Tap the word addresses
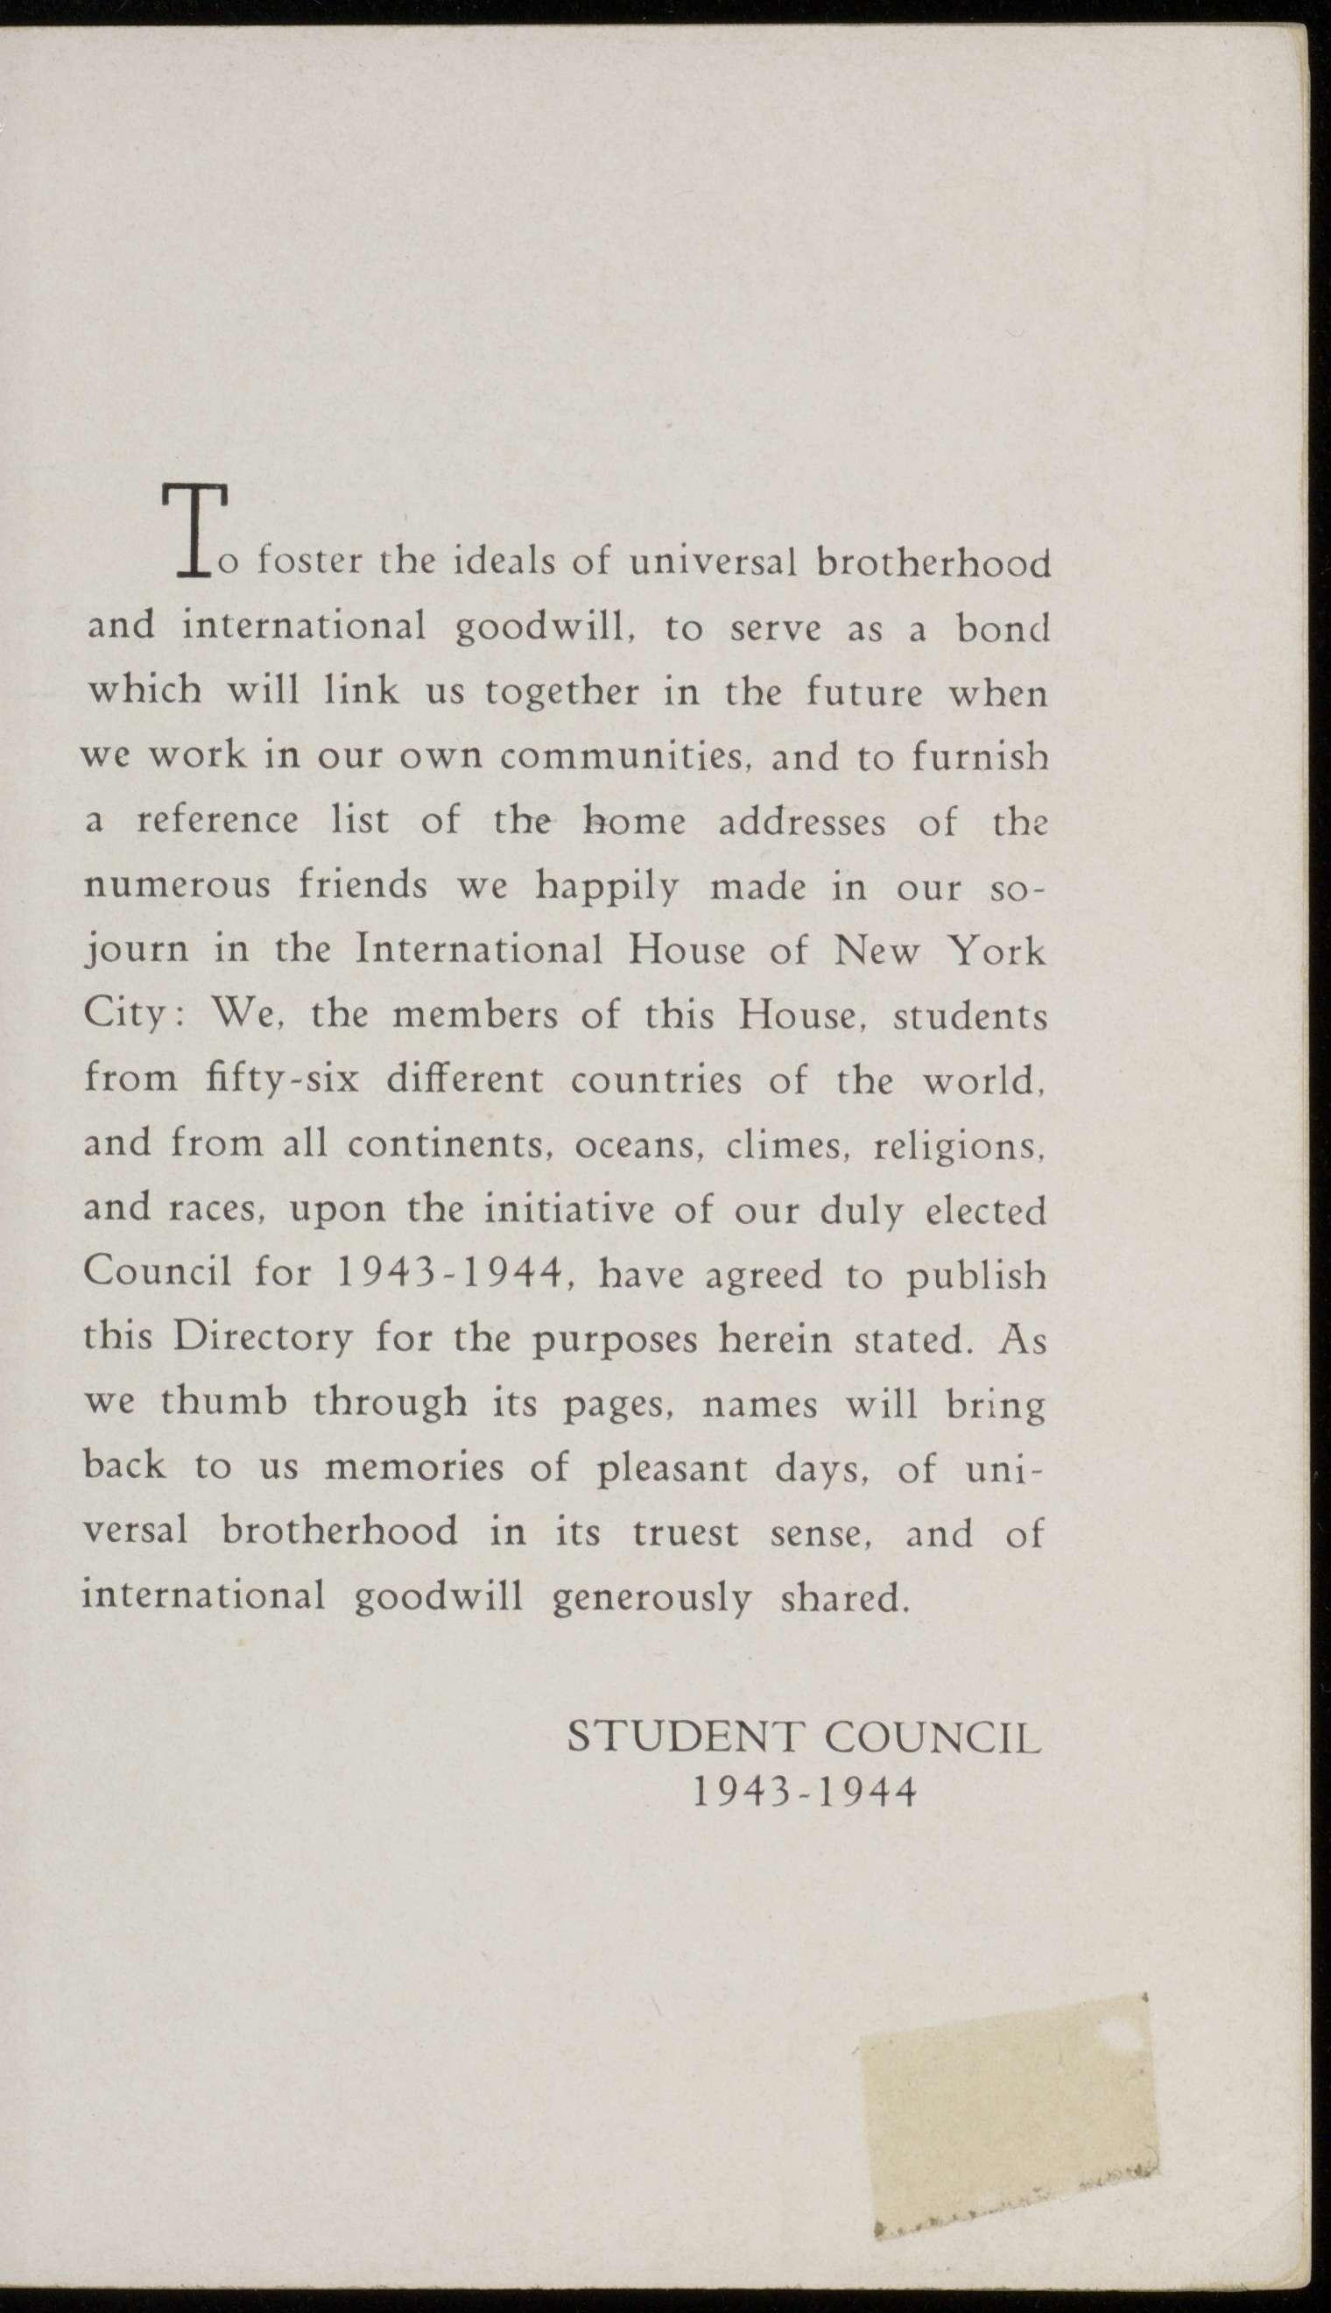[x=802, y=822]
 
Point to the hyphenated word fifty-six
[x=282, y=1081]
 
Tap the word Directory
[x=264, y=1340]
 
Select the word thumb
[x=223, y=1404]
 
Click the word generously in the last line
[x=651, y=1599]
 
